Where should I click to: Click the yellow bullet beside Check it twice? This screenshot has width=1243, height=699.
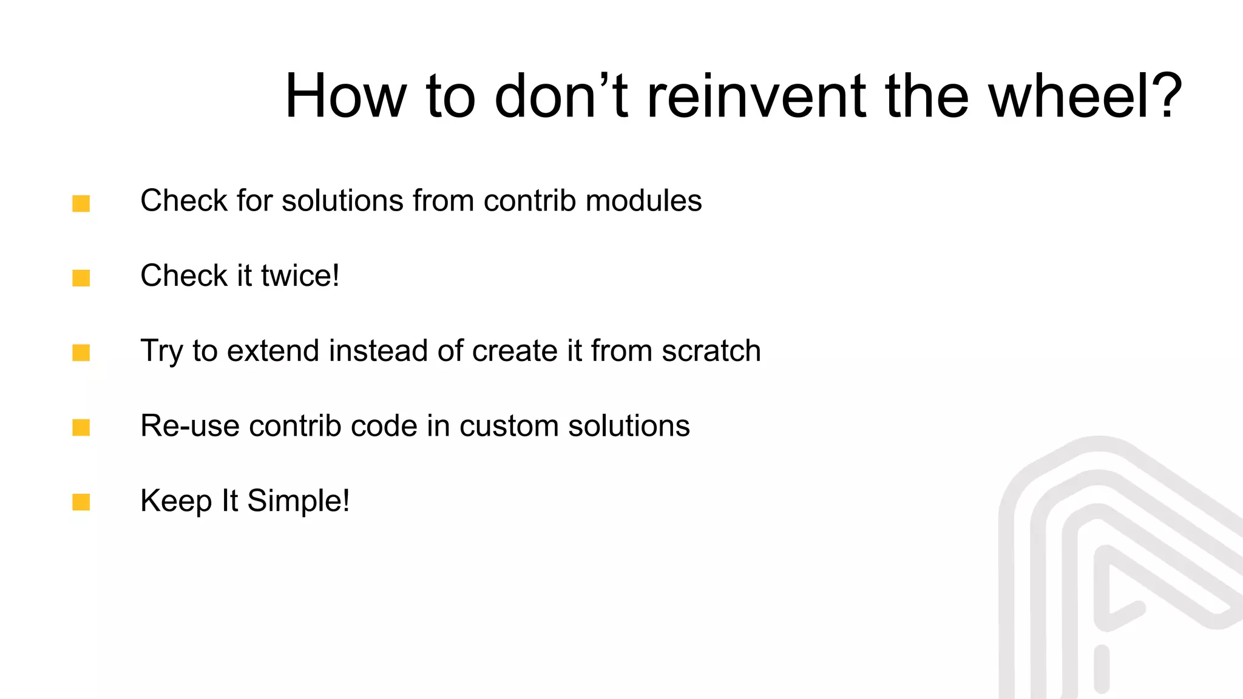click(x=81, y=278)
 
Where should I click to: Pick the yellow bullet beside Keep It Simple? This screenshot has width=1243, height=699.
click(x=81, y=502)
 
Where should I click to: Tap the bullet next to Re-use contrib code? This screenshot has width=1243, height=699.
click(x=81, y=428)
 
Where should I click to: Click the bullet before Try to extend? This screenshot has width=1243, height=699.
click(x=81, y=353)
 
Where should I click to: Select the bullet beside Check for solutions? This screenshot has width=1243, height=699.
click(x=81, y=203)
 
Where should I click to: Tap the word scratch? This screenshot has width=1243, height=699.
click(x=711, y=351)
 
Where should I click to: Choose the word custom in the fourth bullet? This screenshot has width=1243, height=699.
click(x=509, y=426)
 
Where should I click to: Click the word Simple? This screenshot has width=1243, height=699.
click(x=298, y=502)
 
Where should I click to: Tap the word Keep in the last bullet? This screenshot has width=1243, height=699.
click(x=176, y=502)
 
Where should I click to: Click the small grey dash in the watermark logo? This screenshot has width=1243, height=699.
click(x=1102, y=669)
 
